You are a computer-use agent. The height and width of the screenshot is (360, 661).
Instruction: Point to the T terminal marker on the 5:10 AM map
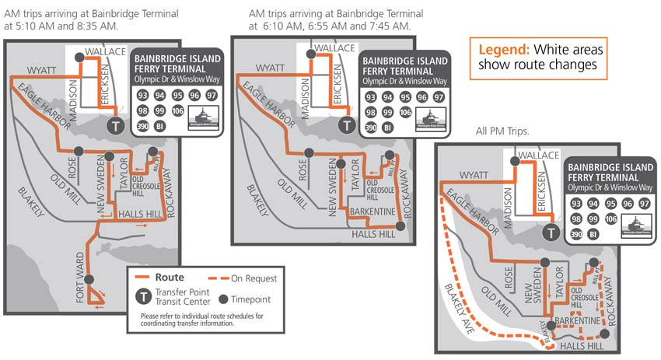(x=116, y=126)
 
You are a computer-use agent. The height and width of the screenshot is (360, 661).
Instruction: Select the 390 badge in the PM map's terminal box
(x=576, y=234)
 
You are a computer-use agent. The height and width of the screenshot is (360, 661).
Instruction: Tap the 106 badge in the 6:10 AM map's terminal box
(x=406, y=112)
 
